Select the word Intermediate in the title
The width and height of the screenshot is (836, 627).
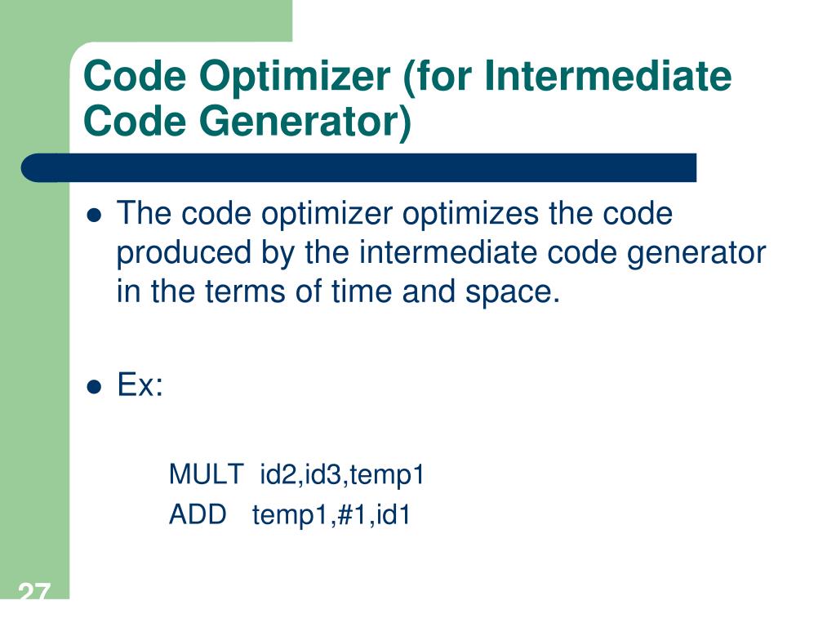pyautogui.click(x=607, y=77)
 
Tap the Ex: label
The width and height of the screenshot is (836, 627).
pyautogui.click(x=140, y=385)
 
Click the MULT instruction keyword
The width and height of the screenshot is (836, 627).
pyautogui.click(x=206, y=474)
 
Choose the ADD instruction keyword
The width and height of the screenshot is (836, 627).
pyautogui.click(x=198, y=515)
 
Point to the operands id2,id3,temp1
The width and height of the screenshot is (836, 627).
pyautogui.click(x=342, y=474)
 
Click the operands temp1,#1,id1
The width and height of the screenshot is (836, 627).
pyautogui.click(x=331, y=515)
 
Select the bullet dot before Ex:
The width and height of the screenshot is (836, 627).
pyautogui.click(x=95, y=387)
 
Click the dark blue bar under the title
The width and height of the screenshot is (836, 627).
pyautogui.click(x=359, y=167)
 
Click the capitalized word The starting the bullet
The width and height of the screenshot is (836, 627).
pyautogui.click(x=145, y=215)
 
